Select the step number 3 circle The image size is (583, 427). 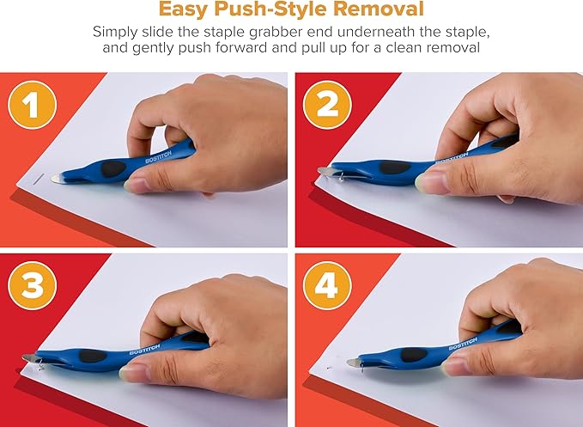(33, 286)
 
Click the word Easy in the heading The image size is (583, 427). (184, 11)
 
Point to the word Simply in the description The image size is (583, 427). (116, 33)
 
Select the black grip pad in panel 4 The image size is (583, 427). (416, 353)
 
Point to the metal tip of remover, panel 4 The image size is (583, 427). (353, 364)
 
